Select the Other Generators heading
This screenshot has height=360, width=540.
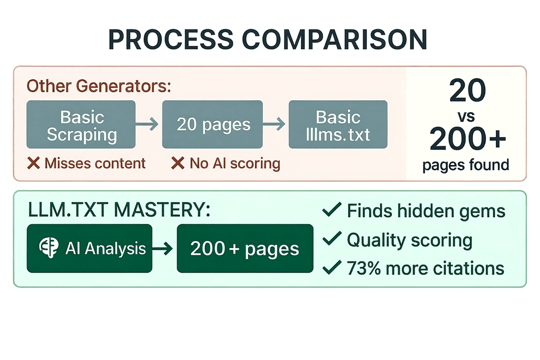pyautogui.click(x=99, y=86)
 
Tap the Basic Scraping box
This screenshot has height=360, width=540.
pyautogui.click(x=81, y=125)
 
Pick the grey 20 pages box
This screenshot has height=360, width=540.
pyautogui.click(x=212, y=125)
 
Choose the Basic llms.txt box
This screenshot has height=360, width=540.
pyautogui.click(x=338, y=125)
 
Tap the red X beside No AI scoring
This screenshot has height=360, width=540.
pyautogui.click(x=178, y=163)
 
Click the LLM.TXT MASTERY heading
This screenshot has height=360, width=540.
pyautogui.click(x=118, y=210)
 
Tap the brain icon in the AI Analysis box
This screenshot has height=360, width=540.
pyautogui.click(x=48, y=248)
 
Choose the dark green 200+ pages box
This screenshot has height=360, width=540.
pyautogui.click(x=245, y=248)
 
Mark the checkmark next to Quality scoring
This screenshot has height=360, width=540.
pyautogui.click(x=332, y=240)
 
